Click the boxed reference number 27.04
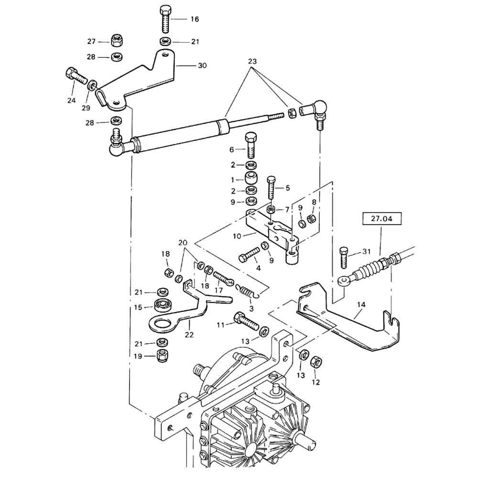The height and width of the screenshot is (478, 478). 381,218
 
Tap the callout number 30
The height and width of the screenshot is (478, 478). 202,65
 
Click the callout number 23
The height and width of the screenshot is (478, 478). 252,61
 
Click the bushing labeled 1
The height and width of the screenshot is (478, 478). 251,177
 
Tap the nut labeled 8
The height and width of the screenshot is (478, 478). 312,218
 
